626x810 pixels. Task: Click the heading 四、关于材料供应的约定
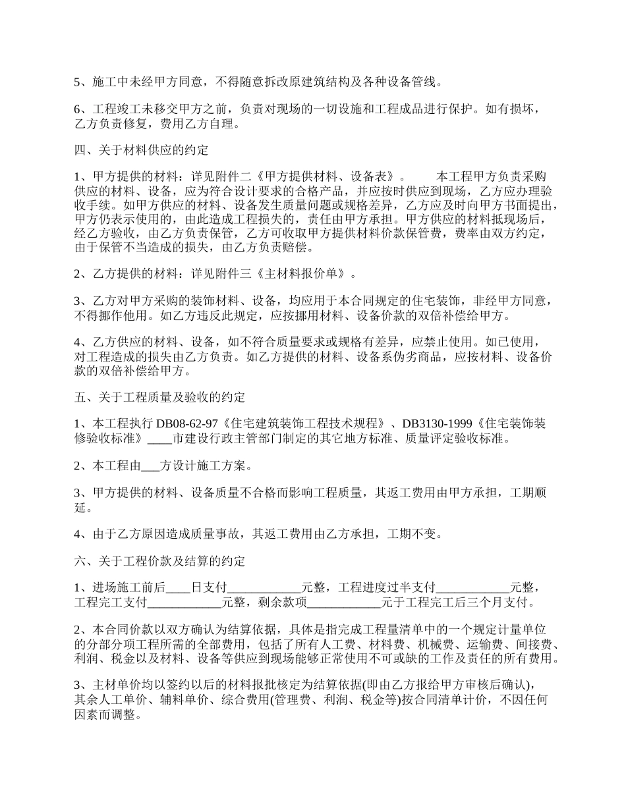(141, 151)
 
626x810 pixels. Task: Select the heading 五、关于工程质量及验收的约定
(159, 397)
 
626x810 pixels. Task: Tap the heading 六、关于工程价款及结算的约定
(159, 561)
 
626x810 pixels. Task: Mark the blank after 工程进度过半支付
(473, 587)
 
